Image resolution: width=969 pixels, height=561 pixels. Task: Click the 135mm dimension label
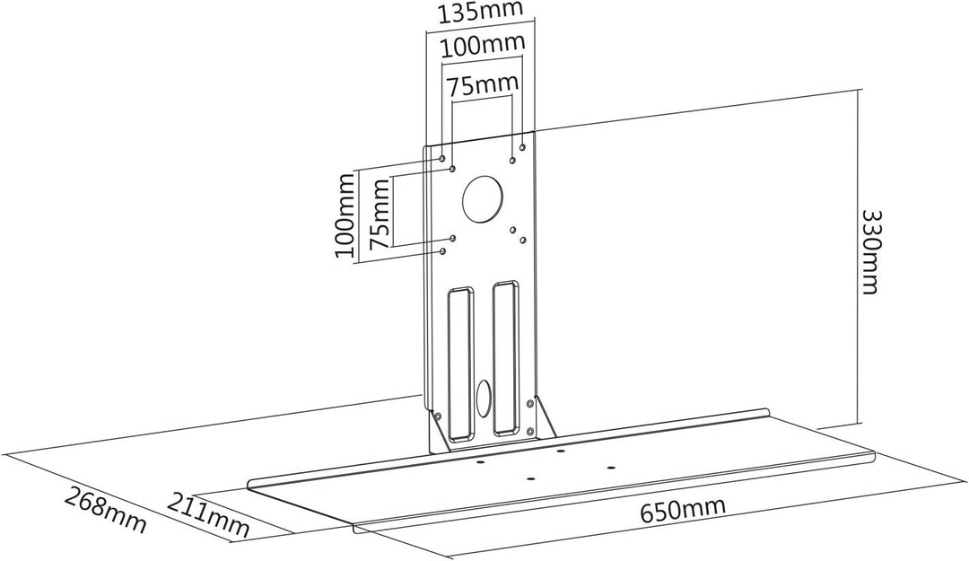(x=479, y=12)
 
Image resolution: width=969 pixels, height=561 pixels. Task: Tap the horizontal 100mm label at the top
(x=483, y=46)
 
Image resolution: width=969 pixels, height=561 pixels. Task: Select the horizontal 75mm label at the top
(x=483, y=85)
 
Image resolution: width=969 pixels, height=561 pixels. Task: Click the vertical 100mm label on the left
(x=345, y=215)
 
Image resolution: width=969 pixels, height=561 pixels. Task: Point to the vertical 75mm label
(x=379, y=214)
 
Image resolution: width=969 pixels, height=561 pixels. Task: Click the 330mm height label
(x=870, y=252)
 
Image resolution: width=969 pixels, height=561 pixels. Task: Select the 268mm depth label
(x=106, y=511)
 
